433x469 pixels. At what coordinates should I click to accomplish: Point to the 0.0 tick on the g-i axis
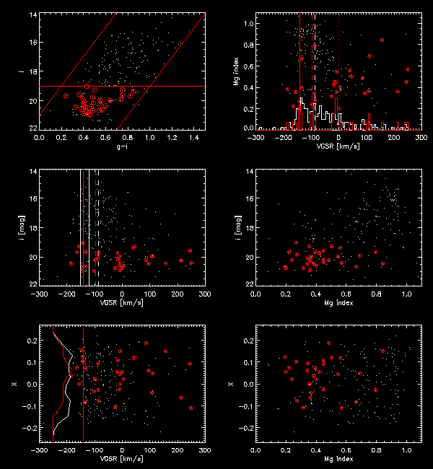[39, 136]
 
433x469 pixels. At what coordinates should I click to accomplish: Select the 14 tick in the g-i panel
[32, 14]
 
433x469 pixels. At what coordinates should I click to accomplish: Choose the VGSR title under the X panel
[122, 460]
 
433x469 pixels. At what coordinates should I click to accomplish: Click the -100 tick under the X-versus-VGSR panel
[95, 450]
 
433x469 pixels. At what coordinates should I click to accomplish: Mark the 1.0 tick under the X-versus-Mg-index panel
[406, 450]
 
